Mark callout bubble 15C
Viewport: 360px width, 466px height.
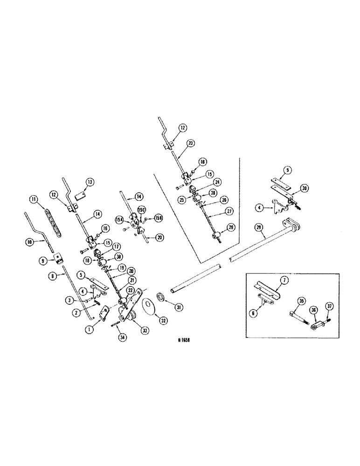tap(142, 210)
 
